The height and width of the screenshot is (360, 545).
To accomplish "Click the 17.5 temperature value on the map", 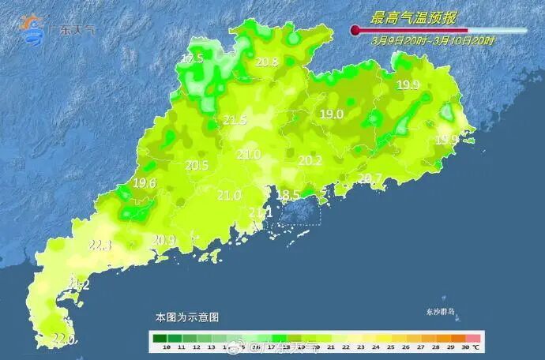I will [193, 58].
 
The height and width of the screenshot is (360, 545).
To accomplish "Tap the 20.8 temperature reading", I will [268, 62].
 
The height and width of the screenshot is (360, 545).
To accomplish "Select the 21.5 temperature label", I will [235, 120].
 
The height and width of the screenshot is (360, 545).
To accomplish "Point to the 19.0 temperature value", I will [331, 114].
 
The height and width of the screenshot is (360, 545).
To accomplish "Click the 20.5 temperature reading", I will [197, 165].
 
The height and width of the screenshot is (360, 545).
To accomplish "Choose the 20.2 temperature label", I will [310, 160].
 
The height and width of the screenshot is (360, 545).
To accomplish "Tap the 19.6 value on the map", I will [145, 182].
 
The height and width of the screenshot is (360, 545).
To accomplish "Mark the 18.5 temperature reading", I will [288, 195].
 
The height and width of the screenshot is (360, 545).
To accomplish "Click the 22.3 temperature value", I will [100, 246].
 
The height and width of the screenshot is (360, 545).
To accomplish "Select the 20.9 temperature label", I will [163, 239].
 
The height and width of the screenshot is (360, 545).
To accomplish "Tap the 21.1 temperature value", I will [261, 212].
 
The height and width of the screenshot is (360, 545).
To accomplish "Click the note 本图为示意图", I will [186, 317].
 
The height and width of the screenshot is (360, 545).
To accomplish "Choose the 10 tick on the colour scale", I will [160, 347].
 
